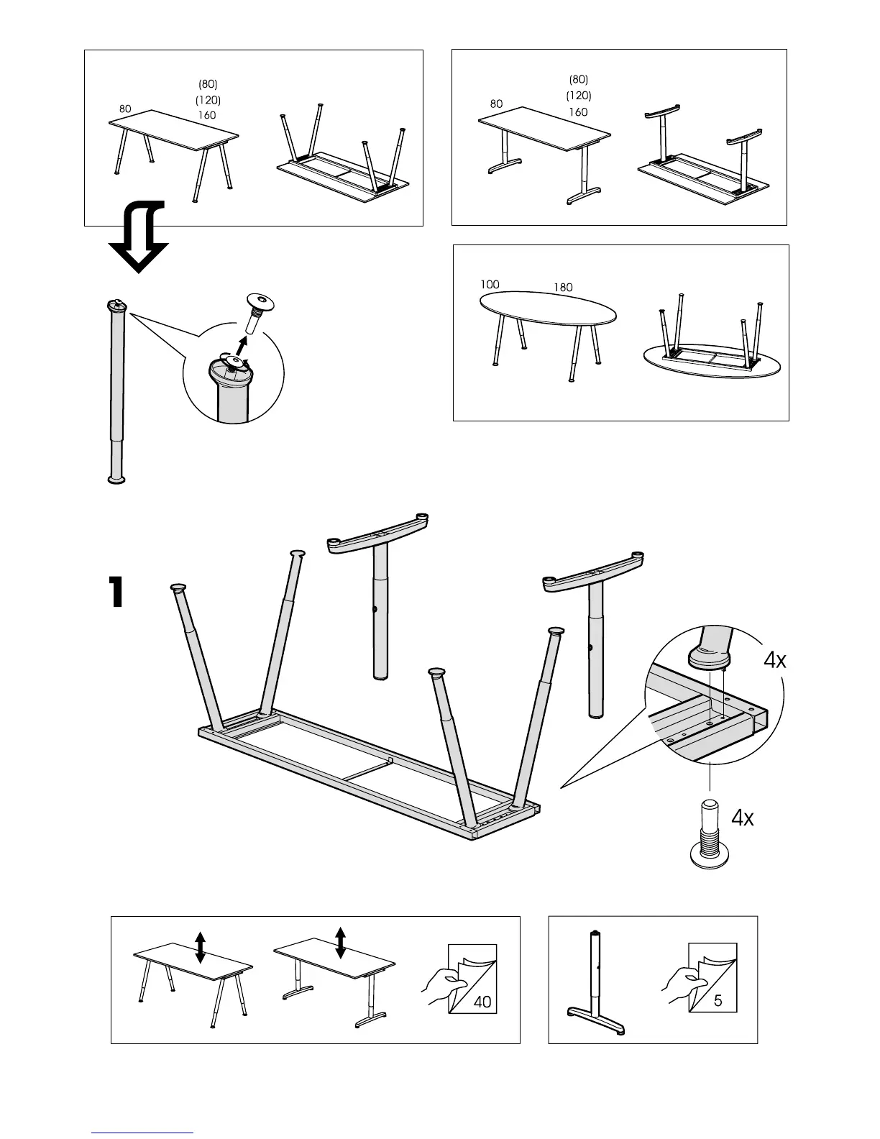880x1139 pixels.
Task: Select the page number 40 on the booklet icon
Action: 482,1001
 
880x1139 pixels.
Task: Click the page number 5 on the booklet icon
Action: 718,1000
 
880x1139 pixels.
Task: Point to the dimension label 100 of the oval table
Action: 490,285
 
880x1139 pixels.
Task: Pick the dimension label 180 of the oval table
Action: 563,288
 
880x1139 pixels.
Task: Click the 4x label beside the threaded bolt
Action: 743,818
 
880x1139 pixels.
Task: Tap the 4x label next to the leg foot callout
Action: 774,660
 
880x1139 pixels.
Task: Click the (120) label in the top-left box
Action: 208,100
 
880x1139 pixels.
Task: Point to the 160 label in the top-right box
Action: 578,112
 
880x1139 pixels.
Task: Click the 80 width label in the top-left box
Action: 125,109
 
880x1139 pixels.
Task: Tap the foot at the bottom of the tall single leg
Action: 115,478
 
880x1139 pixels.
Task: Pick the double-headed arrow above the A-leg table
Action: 201,947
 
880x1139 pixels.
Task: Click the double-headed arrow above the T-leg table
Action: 341,942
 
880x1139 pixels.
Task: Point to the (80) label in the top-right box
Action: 578,79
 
